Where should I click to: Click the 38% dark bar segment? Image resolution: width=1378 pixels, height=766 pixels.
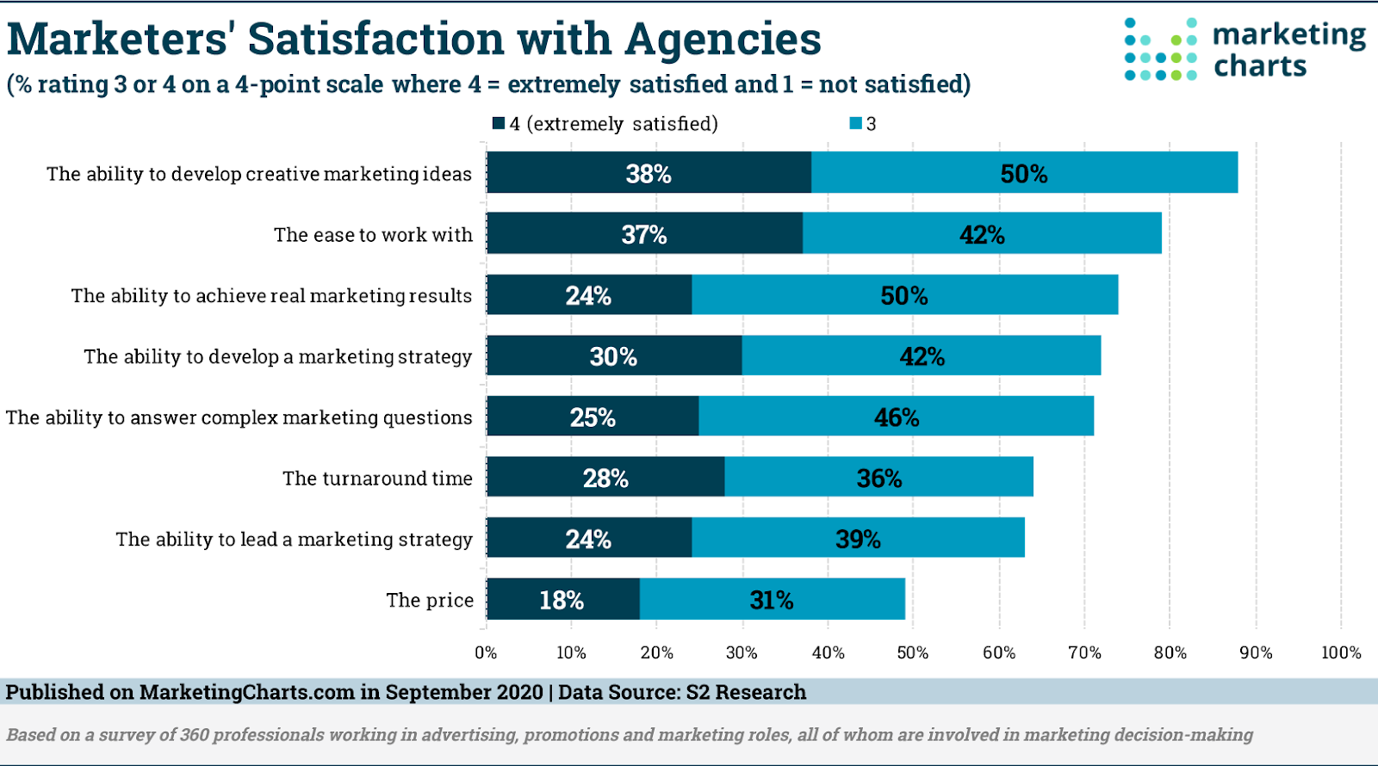649,173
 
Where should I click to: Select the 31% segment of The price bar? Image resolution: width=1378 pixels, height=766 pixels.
772,599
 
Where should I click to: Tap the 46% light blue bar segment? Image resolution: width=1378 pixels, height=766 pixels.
896,417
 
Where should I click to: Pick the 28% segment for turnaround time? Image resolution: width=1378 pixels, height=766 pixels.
605,478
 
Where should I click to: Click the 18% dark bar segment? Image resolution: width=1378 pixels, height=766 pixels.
562,599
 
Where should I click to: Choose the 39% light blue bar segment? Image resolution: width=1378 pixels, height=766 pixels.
858,539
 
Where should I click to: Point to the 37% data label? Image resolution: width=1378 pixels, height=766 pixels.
644,234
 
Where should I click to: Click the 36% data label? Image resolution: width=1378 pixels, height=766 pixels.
879,479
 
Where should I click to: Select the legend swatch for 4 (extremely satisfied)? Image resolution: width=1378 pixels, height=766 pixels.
499,123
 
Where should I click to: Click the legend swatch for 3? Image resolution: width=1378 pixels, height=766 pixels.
856,123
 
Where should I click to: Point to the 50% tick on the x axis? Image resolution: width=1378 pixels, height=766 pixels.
913,652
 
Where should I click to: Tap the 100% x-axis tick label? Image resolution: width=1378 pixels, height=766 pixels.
1341,652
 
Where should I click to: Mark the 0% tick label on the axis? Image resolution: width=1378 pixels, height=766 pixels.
486,652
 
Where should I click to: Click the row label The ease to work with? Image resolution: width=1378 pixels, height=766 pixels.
373,235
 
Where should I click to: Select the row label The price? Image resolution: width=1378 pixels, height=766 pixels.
430,600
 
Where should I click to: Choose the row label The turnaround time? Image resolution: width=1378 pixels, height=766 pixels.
377,479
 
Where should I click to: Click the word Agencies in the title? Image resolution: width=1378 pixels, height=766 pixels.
723,40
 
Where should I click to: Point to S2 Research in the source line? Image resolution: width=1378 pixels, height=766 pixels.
746,692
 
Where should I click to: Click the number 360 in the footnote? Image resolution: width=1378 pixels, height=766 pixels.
194,734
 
